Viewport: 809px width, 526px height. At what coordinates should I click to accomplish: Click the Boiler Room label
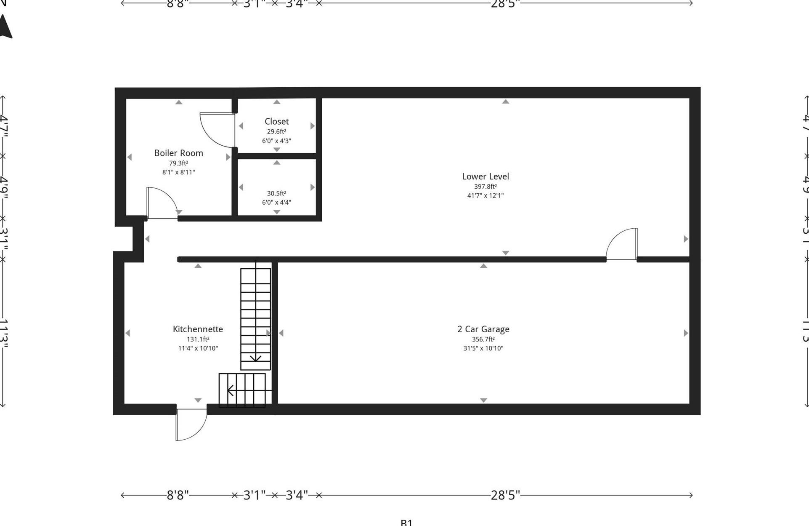(178, 153)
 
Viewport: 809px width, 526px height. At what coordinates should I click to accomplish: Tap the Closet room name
(276, 121)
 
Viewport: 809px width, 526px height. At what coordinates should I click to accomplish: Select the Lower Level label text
(485, 176)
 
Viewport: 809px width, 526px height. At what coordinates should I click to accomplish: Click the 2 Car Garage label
(483, 329)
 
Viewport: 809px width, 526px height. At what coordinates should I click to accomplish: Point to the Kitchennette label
(198, 329)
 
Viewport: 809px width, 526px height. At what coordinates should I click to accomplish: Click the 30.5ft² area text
(276, 193)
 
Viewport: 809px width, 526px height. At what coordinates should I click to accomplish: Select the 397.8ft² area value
(485, 186)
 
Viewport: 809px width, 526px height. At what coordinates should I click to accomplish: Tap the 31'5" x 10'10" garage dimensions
(483, 348)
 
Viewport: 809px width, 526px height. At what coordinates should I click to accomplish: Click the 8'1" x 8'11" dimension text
(178, 172)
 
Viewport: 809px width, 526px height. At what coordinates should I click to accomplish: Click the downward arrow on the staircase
(255, 358)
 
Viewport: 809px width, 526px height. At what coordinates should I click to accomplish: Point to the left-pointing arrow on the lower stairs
(231, 390)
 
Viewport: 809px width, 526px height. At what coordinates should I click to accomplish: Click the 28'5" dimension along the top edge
(505, 4)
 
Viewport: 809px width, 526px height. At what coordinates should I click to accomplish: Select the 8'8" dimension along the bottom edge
(178, 495)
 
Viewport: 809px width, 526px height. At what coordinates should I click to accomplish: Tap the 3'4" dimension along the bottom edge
(297, 495)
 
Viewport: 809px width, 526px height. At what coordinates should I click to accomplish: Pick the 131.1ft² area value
(198, 339)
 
